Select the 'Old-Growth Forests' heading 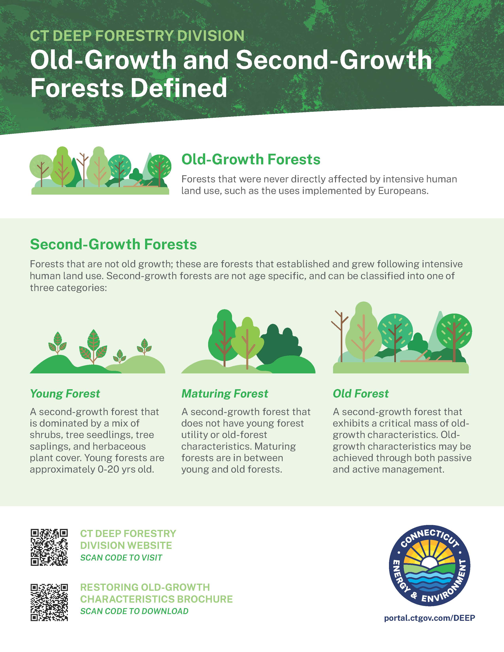point(251,159)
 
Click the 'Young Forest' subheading point(65,394)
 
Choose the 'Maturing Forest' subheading point(225,394)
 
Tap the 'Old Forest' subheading point(361,394)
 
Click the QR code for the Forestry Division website point(49,547)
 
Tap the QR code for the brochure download point(49,602)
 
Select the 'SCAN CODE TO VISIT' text point(121,558)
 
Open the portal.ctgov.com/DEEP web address point(429,618)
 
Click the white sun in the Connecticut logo point(429,562)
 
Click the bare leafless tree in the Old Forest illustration point(340,336)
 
